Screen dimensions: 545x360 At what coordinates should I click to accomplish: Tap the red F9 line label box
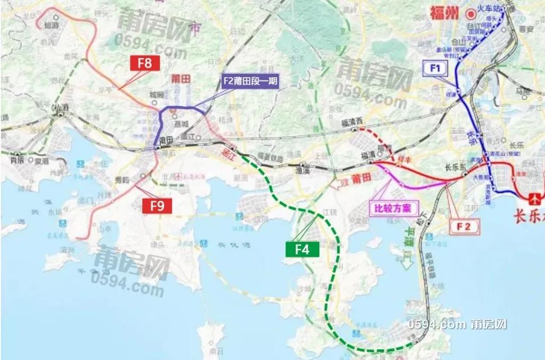(x=158, y=206)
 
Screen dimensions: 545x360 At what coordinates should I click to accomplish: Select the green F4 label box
(x=302, y=249)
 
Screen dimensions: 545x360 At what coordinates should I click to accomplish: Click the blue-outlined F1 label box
(x=435, y=68)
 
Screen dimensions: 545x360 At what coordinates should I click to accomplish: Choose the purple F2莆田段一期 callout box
(x=251, y=81)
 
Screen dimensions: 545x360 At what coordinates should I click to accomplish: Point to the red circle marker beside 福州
(x=470, y=14)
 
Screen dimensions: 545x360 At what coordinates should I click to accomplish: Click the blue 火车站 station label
(x=491, y=9)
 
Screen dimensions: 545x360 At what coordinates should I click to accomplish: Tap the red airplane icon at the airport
(x=534, y=199)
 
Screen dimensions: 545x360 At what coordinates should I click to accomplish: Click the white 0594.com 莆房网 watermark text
(x=457, y=325)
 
